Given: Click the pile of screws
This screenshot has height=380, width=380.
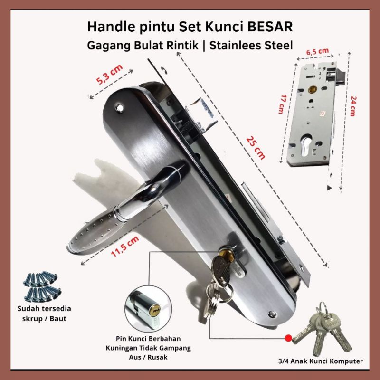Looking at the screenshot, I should (x=41, y=285).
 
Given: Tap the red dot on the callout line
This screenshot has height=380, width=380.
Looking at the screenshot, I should (x=287, y=339).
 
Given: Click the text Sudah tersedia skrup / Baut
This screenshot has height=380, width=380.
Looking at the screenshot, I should (x=43, y=313).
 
